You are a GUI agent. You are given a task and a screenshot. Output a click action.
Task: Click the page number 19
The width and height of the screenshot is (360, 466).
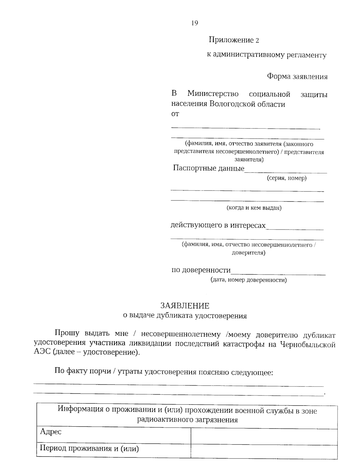194,23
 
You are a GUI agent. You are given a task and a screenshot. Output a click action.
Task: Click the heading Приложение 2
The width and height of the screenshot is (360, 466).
234,40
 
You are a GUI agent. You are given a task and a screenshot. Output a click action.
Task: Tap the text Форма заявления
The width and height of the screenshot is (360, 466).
297,77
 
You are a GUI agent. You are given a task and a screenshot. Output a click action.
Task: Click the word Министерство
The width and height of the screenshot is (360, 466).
213,94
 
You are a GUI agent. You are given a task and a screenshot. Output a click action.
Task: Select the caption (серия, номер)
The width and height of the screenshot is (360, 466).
286,178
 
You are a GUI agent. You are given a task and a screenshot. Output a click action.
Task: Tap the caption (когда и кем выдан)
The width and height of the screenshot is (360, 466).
254,208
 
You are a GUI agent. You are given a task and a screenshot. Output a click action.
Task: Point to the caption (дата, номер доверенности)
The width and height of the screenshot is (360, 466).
248,280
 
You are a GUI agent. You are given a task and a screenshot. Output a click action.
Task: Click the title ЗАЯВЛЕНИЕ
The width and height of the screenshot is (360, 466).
185,306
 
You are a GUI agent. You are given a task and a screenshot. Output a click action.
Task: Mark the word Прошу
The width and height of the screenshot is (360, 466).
67,333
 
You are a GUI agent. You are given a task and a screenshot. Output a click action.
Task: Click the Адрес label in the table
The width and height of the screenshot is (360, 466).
51,432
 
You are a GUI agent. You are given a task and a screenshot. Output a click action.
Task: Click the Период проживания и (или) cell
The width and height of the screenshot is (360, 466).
89,449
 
